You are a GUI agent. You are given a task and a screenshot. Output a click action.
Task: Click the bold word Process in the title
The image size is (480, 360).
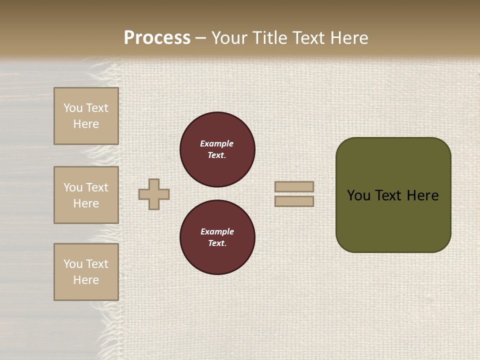tap(157, 38)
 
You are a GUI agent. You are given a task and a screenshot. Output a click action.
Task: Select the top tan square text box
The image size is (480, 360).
tap(86, 116)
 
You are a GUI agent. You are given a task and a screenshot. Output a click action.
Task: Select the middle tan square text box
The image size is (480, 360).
tap(86, 195)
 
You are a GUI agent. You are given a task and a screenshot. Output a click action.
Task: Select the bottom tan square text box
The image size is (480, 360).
tap(86, 272)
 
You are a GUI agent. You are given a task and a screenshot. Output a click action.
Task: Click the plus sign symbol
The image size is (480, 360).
tap(154, 194)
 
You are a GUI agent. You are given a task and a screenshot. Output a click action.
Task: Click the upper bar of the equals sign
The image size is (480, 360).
tap(294, 186)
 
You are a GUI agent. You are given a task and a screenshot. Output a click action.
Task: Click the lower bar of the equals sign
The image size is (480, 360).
tap(294, 201)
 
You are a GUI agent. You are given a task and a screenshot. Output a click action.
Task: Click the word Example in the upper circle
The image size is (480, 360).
tap(217, 143)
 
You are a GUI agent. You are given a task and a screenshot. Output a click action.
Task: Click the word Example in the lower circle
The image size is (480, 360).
tap(217, 231)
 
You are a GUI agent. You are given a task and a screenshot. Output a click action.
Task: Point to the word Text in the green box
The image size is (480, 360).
tap(388, 195)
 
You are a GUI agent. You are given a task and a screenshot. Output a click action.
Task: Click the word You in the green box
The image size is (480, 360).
tap(358, 195)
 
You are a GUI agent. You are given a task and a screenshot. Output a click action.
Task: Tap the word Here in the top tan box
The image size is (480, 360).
tap(86, 124)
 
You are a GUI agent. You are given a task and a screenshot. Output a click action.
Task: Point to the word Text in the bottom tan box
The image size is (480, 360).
tap(97, 264)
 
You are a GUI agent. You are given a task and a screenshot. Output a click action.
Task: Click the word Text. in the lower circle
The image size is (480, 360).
tap(217, 243)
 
